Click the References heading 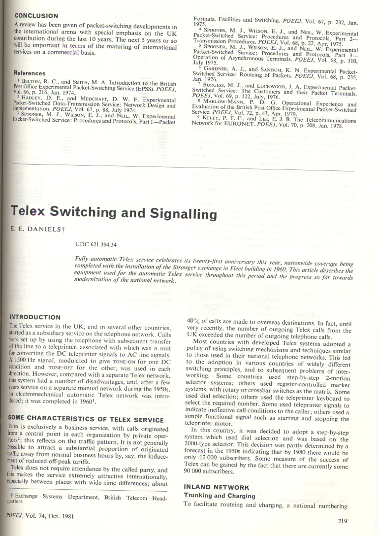point(30,73)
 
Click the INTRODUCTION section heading point(35,317)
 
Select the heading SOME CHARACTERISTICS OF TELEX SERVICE point(86,420)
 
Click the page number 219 point(343,521)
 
